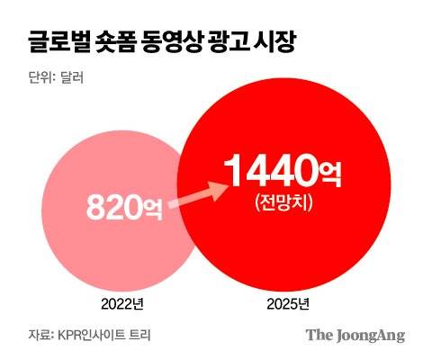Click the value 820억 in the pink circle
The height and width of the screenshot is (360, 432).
123,208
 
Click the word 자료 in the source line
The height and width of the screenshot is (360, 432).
39,335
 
